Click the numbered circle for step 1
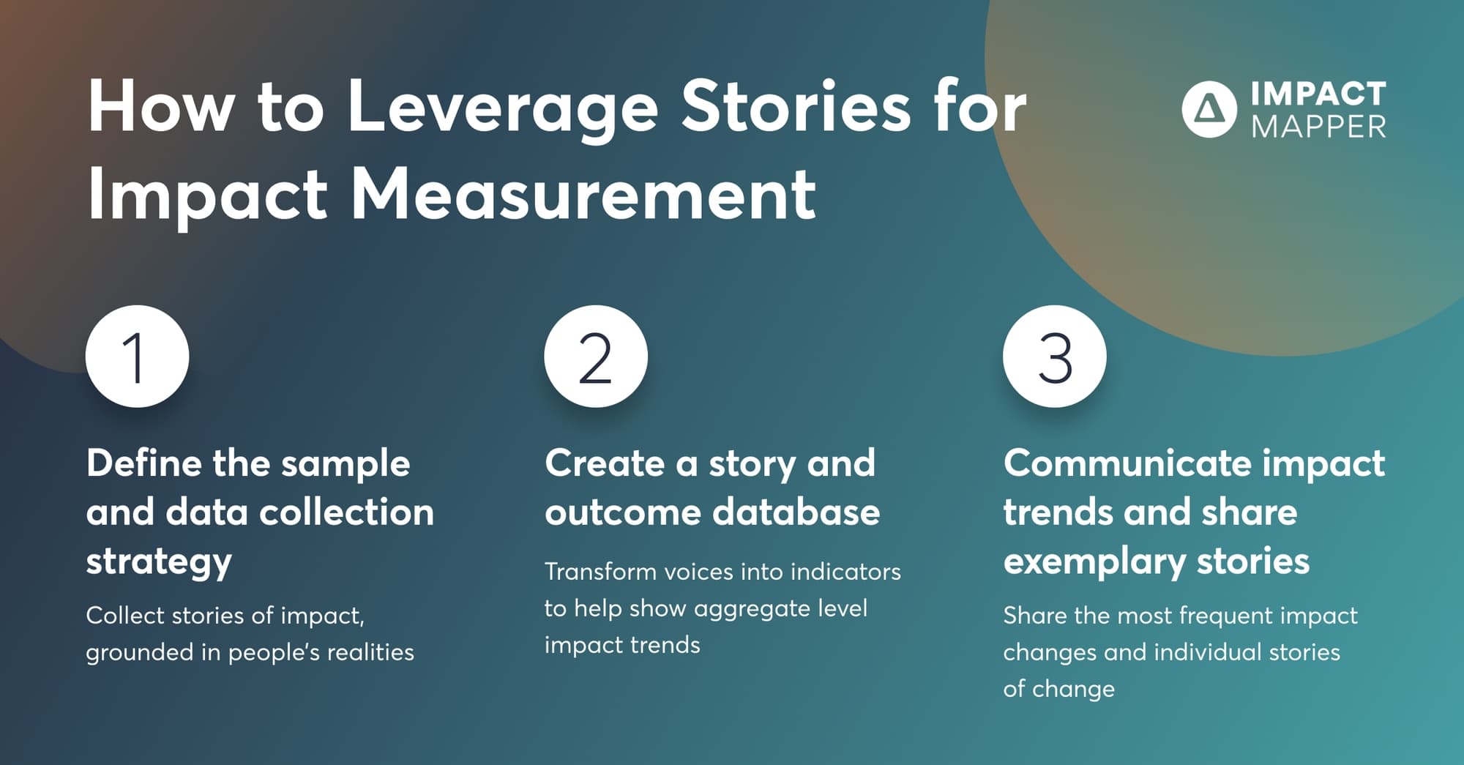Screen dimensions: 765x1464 click(137, 357)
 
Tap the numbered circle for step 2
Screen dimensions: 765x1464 click(596, 357)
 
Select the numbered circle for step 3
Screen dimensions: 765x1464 click(1054, 357)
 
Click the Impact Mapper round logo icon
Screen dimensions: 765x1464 click(1209, 109)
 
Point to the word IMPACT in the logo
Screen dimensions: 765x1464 click(1318, 94)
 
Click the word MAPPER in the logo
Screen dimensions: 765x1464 click(1318, 127)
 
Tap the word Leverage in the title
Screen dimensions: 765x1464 click(502, 108)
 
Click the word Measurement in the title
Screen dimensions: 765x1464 click(583, 195)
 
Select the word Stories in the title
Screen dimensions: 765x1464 click(796, 107)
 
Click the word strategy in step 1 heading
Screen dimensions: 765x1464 click(159, 561)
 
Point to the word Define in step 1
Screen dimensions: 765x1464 click(143, 463)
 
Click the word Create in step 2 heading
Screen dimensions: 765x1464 click(604, 463)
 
